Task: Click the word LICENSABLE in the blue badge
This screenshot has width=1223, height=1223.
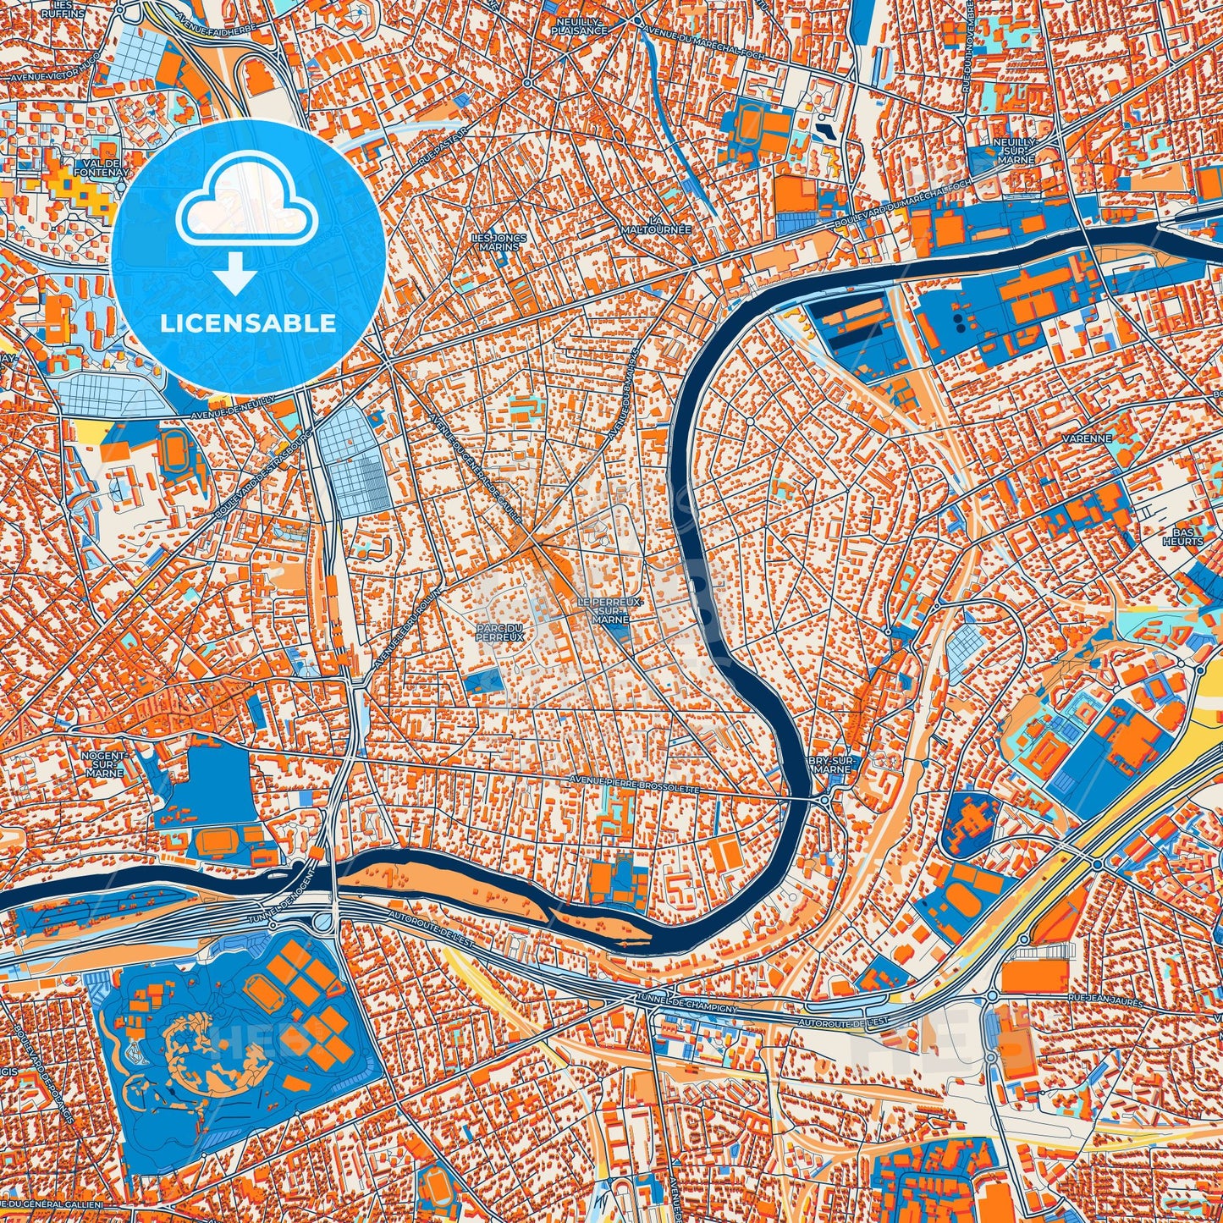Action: point(248,323)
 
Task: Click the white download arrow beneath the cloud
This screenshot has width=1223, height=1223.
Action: point(236,275)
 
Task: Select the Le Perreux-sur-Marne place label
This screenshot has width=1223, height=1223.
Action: point(610,609)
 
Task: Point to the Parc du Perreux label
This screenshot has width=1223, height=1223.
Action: point(499,631)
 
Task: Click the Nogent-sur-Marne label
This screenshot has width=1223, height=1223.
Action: point(103,763)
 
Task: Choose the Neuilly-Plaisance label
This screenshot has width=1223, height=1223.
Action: point(580,25)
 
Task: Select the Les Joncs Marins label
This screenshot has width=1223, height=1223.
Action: point(499,242)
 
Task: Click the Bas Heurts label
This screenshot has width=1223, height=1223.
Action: point(1182,536)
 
